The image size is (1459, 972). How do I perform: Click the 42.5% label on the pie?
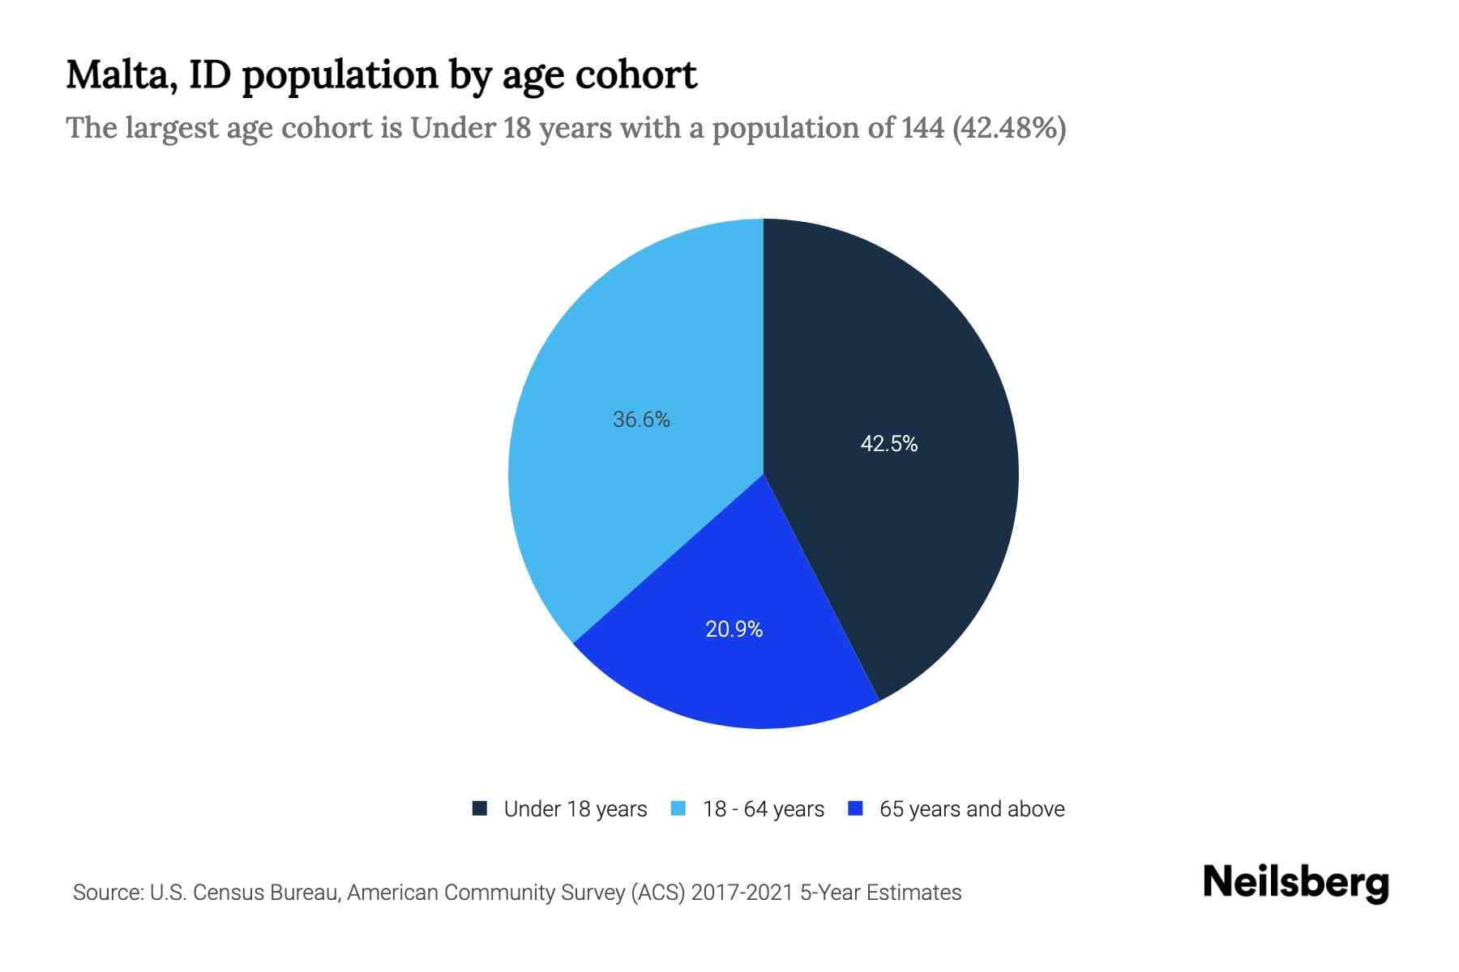[x=888, y=444]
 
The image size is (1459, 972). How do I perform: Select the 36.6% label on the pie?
[x=641, y=420]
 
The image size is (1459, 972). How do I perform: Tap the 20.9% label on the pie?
[x=734, y=629]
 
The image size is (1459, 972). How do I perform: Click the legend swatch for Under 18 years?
[x=480, y=808]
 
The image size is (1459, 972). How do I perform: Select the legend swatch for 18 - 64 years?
[x=679, y=808]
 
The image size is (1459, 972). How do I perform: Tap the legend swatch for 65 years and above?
[x=855, y=808]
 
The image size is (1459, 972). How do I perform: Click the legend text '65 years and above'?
[x=972, y=809]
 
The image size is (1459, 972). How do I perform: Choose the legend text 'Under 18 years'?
[x=575, y=809]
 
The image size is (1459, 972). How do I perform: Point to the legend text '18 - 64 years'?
[x=764, y=809]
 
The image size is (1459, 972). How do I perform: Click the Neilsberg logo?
[x=1295, y=882]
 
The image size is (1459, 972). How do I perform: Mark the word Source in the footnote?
[x=106, y=893]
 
